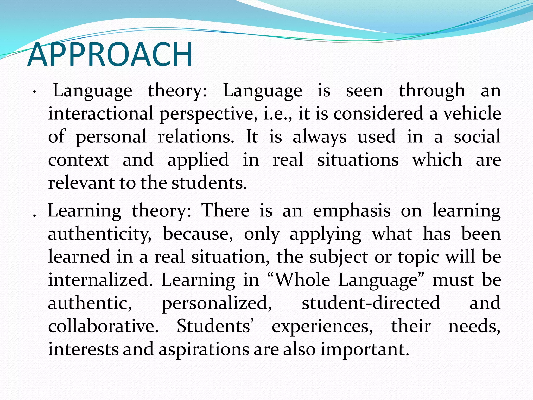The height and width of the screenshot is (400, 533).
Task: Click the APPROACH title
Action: [x=110, y=55]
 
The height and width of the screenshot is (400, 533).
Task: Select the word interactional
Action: [x=101, y=114]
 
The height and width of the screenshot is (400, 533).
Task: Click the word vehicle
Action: [x=472, y=114]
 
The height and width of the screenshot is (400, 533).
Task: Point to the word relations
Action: [x=196, y=137]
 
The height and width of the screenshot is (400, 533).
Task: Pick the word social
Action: [x=477, y=137]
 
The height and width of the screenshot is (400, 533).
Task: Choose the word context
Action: [x=79, y=160]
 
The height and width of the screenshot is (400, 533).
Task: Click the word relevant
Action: [x=81, y=183]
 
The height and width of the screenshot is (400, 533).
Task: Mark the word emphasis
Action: [x=352, y=211]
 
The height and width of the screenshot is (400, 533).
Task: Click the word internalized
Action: [x=100, y=280]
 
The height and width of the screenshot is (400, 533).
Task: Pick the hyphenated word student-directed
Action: [x=371, y=303]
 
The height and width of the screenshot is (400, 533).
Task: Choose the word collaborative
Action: [x=103, y=326]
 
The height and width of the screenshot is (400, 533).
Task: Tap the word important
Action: [x=364, y=350]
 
